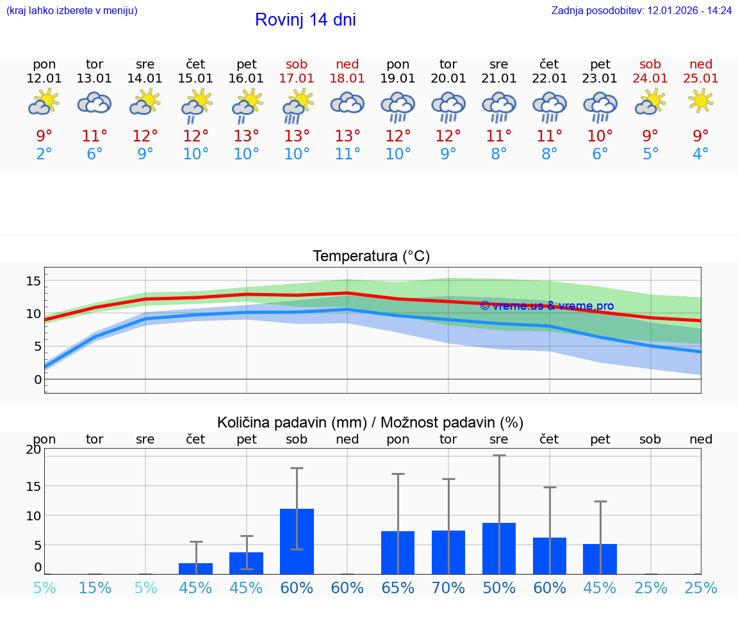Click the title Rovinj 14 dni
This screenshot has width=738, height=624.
click(x=305, y=20)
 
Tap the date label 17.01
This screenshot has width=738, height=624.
click(x=297, y=78)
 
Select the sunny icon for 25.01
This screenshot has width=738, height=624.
click(x=701, y=100)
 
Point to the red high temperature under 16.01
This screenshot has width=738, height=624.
click(x=247, y=136)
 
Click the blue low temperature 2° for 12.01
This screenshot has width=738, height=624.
click(x=44, y=154)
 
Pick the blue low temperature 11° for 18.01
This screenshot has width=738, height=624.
click(x=347, y=154)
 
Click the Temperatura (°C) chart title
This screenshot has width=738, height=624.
click(x=371, y=257)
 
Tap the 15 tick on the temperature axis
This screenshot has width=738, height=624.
click(x=33, y=280)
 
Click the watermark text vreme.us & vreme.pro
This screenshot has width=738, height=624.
click(x=546, y=306)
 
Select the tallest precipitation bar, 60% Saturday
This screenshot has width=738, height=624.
click(x=297, y=541)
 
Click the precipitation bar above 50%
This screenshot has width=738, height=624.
click(x=499, y=548)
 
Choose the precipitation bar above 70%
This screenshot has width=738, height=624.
click(x=448, y=552)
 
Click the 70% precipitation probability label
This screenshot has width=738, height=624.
click(x=448, y=588)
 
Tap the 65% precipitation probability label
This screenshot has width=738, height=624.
click(x=398, y=588)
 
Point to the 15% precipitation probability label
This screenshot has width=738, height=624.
click(x=95, y=588)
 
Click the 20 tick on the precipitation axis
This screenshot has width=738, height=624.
click(x=33, y=449)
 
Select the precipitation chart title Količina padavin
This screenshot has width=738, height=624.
click(x=370, y=422)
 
